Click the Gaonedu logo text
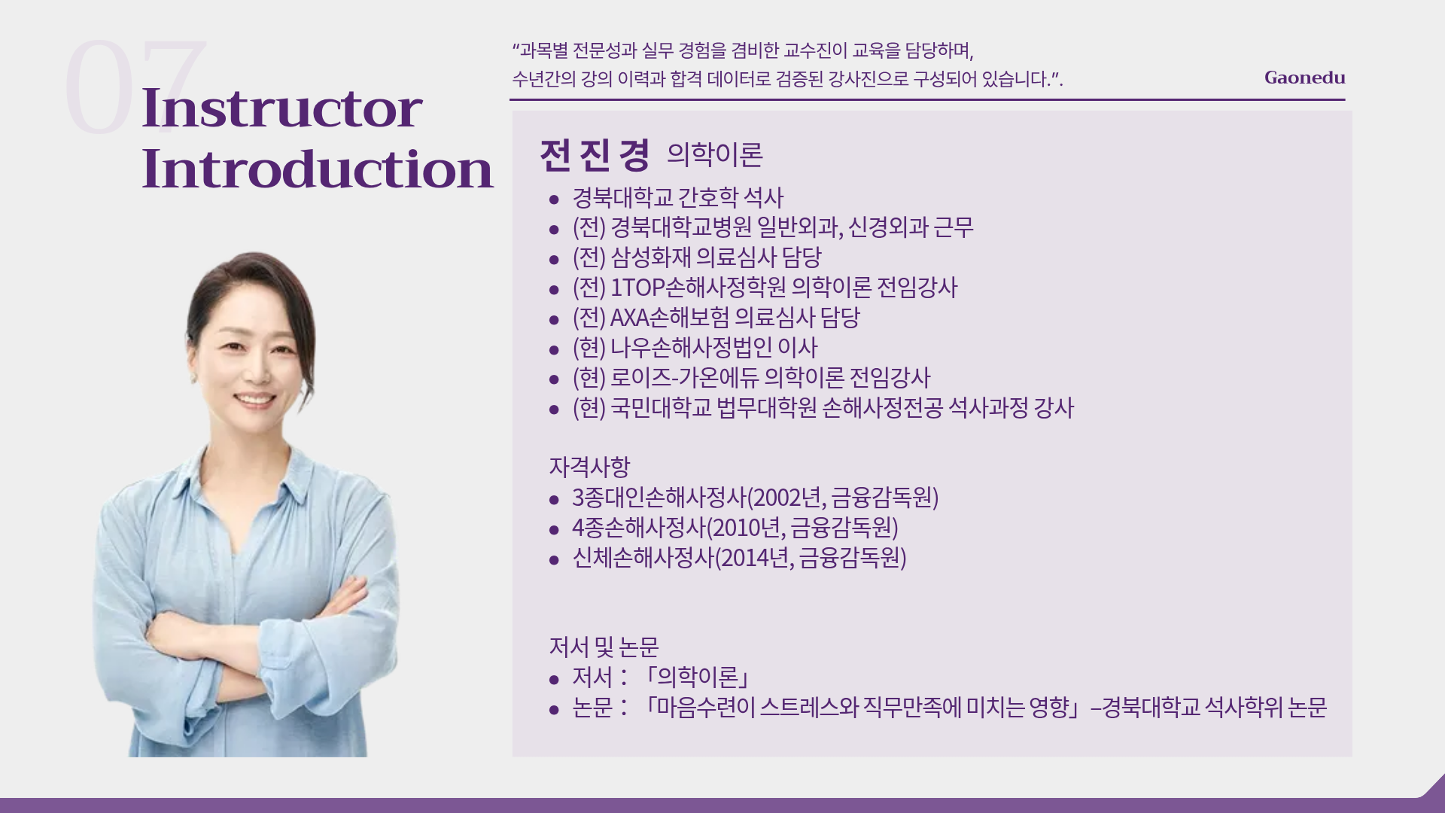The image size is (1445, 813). click(x=1304, y=78)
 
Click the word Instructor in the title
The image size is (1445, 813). click(x=282, y=108)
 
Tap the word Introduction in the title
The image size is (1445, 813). click(x=318, y=169)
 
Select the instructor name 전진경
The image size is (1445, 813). click(x=595, y=155)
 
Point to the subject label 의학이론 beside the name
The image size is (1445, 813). click(x=715, y=154)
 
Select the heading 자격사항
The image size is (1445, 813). click(x=589, y=467)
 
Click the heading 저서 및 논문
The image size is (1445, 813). click(x=604, y=647)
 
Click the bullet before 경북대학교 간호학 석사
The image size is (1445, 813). click(x=555, y=199)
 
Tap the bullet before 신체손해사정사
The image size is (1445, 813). click(x=555, y=560)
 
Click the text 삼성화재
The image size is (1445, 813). click(x=649, y=257)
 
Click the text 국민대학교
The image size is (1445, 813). click(x=660, y=408)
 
